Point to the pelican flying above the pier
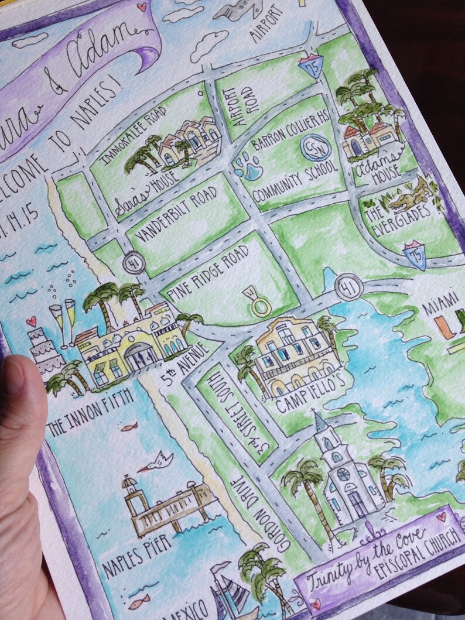pos(154,463)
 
